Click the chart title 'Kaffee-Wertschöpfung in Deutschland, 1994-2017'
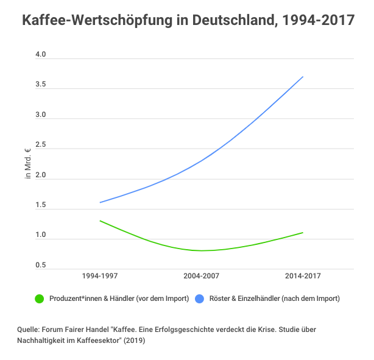[x=188, y=20]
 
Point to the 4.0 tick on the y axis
[x=41, y=55]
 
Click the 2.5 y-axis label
[x=41, y=145]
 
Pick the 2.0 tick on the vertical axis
[x=41, y=175]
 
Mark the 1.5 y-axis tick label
[x=41, y=205]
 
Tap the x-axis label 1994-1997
[x=100, y=277]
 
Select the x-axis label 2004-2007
[x=202, y=277]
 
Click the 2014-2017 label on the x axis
[x=303, y=277]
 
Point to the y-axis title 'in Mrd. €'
[x=27, y=163]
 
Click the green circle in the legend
[x=40, y=298]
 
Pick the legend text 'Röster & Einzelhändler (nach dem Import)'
[x=274, y=298]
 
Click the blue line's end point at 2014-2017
[x=303, y=77]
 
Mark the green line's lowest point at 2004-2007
[x=202, y=250]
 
